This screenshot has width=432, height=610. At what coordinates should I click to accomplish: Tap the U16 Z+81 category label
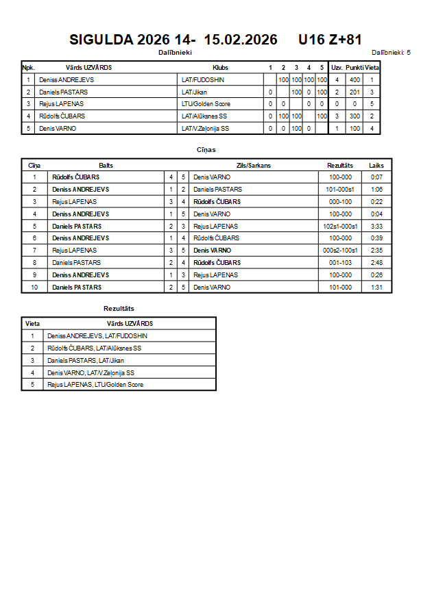click(x=330, y=40)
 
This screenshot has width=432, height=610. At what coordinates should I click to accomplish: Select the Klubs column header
click(x=221, y=68)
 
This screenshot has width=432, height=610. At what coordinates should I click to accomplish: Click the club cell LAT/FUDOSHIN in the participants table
click(x=203, y=80)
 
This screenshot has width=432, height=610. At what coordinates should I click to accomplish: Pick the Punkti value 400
click(x=355, y=80)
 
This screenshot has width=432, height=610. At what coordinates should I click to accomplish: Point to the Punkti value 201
click(x=355, y=92)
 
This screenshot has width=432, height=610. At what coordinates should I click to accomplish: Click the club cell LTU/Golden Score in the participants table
click(x=206, y=104)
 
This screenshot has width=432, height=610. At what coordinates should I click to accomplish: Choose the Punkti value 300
click(x=355, y=116)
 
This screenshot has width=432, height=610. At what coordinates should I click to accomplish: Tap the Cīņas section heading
click(x=206, y=149)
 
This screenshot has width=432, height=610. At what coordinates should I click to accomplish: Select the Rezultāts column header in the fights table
click(x=340, y=166)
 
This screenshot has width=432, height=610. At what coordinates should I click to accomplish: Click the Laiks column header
click(x=376, y=166)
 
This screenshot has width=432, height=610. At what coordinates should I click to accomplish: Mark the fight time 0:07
click(x=376, y=177)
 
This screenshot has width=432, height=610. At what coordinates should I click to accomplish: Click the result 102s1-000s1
click(x=340, y=226)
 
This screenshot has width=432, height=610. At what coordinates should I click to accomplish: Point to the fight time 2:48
click(x=376, y=263)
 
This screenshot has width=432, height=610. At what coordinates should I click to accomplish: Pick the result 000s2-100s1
click(x=340, y=251)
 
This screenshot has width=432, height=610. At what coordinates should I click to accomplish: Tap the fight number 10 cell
click(x=34, y=288)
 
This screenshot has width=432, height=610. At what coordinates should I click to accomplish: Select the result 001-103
click(x=340, y=263)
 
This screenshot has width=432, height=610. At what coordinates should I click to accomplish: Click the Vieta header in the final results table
click(x=32, y=323)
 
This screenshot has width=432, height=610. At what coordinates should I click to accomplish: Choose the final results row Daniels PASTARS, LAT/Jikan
click(x=86, y=360)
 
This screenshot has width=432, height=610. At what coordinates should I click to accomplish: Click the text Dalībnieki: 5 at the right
click(x=391, y=52)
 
